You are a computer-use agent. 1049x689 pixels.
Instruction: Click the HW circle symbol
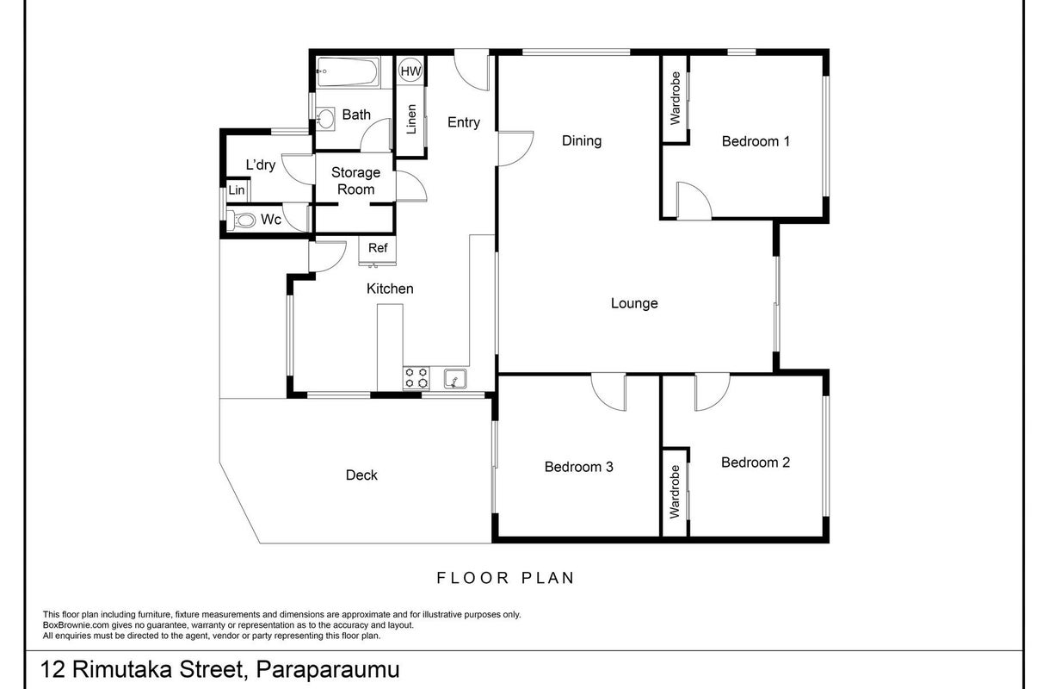point(410,71)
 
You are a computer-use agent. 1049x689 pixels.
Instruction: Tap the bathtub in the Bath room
point(347,71)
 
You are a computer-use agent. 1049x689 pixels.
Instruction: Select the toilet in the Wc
point(241,220)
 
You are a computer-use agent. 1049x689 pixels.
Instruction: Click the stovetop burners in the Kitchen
point(417,378)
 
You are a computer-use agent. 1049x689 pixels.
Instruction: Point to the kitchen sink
point(455,379)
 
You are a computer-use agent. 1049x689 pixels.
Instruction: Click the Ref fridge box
point(378,251)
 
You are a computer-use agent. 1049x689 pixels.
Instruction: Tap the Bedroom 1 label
point(756,141)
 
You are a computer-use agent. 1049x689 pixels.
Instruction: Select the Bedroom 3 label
point(578,467)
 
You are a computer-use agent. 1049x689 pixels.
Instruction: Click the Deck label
point(361,475)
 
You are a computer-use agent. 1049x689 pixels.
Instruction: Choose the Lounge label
point(634,303)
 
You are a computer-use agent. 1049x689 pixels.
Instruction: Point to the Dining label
point(582,140)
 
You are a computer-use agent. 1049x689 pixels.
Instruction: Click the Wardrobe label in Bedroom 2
point(675,492)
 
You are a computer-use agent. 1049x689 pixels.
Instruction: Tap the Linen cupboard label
point(411,119)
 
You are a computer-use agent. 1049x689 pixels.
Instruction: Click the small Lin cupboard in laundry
point(238,189)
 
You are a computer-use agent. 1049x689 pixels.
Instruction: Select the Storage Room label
point(355,181)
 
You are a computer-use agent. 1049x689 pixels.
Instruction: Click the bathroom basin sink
point(325,118)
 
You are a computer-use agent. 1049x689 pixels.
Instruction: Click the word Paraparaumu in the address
point(327,669)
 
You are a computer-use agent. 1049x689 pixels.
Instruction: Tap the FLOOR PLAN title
point(505,578)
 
